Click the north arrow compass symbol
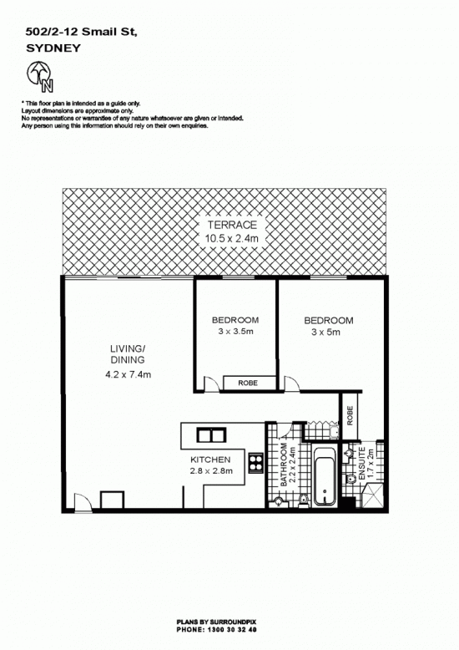tap(40, 77)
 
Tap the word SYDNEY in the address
tap(53, 48)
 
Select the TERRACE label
tap(232, 225)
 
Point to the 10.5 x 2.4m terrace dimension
tap(231, 238)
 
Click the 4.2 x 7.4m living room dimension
tap(128, 375)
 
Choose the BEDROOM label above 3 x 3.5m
tap(235, 320)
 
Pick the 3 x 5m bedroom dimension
tap(326, 332)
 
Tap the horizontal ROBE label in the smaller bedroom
tap(248, 383)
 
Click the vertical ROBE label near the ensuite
tap(350, 415)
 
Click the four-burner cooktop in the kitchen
tap(256, 463)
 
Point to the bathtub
tap(324, 475)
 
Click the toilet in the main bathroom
tap(304, 500)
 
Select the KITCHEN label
tap(210, 460)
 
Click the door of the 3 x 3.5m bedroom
tap(211, 383)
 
